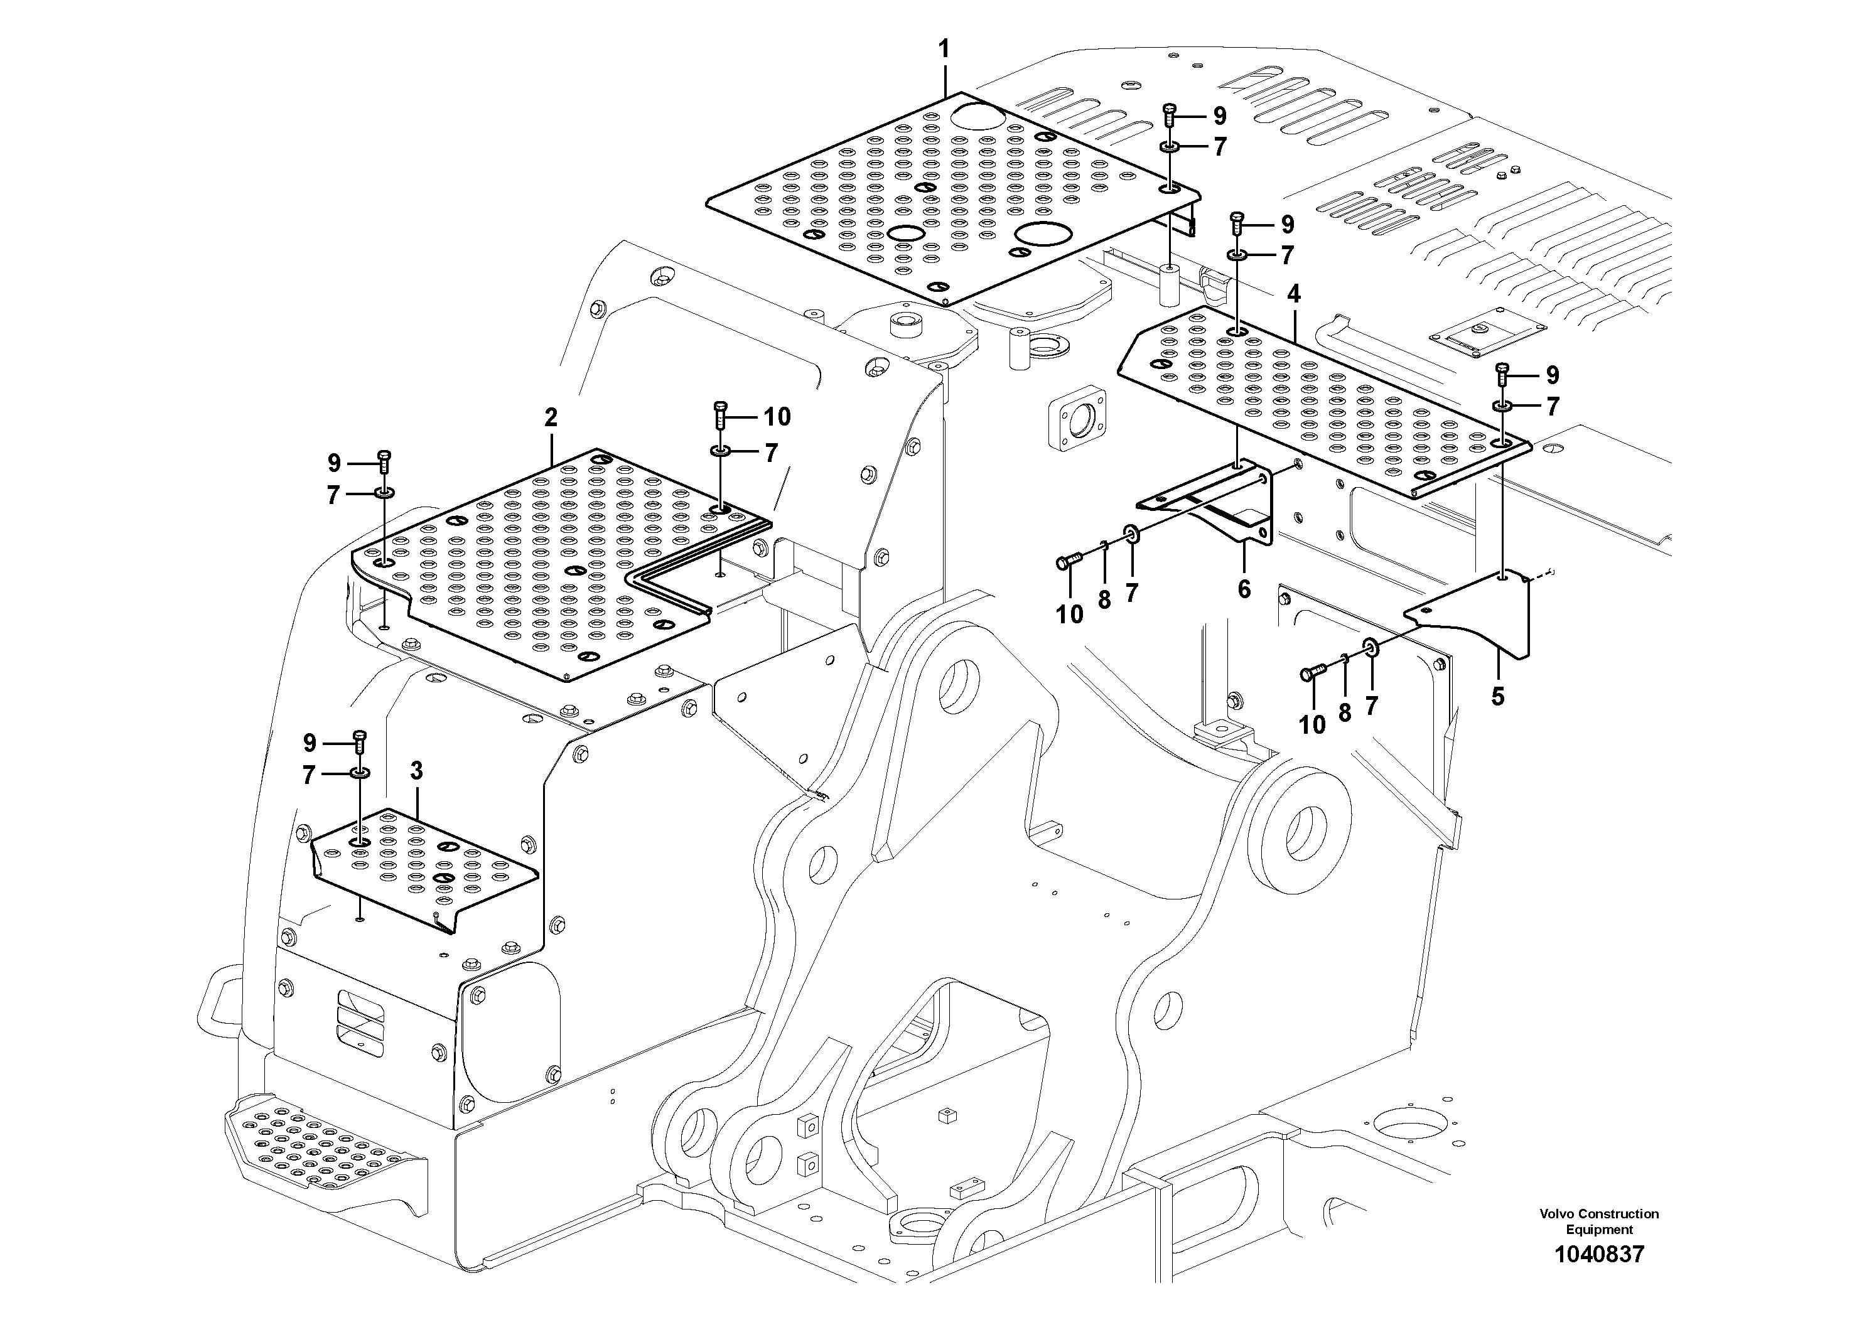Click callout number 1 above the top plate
pos(944,50)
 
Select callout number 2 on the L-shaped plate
pos(551,418)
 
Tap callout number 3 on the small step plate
pos(417,771)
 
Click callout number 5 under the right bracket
pos(1498,697)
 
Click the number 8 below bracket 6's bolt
pos(1104,601)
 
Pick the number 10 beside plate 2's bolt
pos(777,417)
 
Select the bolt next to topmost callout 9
pos(1170,115)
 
